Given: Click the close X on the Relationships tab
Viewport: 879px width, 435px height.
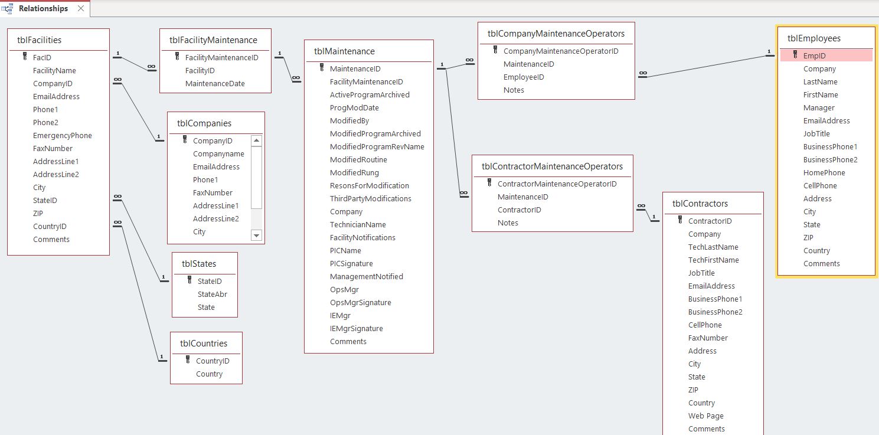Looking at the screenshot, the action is [x=81, y=8].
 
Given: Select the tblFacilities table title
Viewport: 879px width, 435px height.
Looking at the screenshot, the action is [x=39, y=40].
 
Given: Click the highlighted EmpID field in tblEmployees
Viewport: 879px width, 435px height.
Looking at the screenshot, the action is [x=814, y=55].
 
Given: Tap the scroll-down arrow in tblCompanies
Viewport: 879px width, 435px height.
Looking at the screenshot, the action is [x=256, y=236].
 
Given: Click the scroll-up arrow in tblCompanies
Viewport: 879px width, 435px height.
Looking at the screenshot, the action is [x=256, y=140].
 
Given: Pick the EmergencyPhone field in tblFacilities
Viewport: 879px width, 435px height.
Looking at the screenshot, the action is [x=63, y=135].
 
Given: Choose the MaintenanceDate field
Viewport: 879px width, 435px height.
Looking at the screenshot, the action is [x=215, y=84].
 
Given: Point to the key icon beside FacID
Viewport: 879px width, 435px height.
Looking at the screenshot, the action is [x=25, y=57].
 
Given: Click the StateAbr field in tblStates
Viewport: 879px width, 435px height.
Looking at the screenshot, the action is [x=213, y=294].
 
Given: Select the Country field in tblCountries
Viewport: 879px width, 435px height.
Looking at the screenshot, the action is [x=209, y=374].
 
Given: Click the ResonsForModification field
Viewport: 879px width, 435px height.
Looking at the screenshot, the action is [x=370, y=185].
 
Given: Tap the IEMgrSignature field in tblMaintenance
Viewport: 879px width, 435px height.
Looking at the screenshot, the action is [x=357, y=328].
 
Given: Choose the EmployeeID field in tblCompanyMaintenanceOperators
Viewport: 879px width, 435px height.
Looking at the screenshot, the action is [x=524, y=77].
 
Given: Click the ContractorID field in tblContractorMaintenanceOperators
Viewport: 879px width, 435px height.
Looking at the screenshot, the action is [x=519, y=210].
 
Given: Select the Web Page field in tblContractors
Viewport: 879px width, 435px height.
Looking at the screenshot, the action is [x=705, y=416].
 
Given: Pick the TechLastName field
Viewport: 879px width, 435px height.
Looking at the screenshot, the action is [x=713, y=247].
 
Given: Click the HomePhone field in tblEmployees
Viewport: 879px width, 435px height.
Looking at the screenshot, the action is [x=824, y=172].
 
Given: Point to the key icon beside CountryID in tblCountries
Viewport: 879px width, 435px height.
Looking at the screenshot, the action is [x=188, y=359].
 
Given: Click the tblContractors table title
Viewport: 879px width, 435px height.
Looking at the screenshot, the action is [x=700, y=204].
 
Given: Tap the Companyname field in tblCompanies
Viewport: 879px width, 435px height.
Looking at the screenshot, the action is [x=218, y=154].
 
